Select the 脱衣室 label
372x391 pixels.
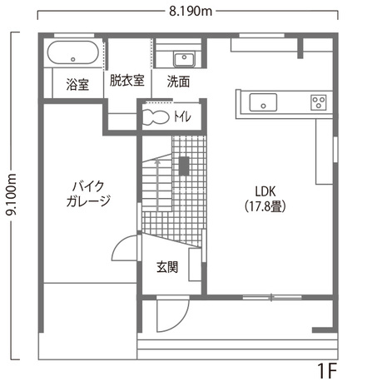126,81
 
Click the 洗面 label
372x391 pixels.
177,82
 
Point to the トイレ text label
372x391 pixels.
182,116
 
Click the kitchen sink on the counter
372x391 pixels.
265,103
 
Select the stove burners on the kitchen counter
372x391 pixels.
319,103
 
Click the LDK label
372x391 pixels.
266,190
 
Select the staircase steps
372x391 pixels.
156,185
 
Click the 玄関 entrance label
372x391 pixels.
166,267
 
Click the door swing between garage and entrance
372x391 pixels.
123,250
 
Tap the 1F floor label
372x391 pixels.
327,369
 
